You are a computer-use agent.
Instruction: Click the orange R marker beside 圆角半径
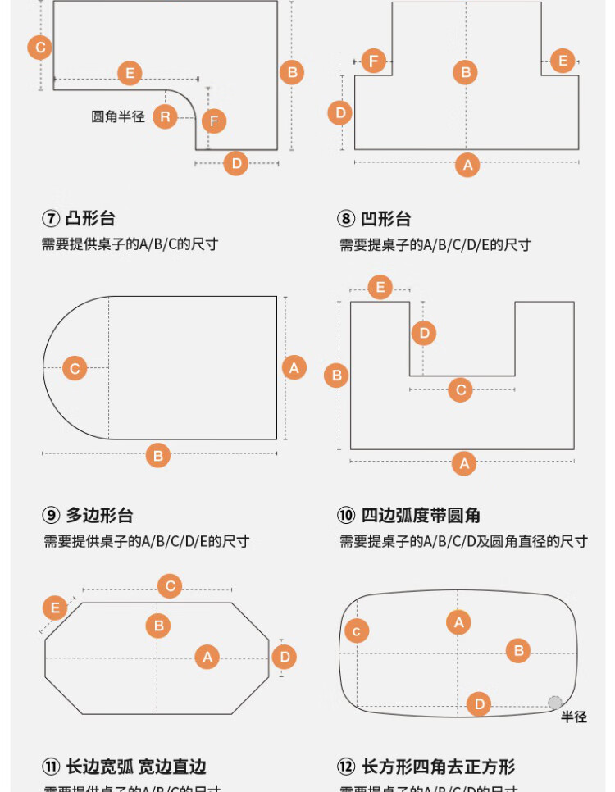point(166,116)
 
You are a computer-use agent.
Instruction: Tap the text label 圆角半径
point(118,116)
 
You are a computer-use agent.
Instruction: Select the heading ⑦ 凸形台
point(79,218)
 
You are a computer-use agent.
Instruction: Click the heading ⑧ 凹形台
point(374,219)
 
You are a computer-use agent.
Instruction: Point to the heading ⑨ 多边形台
point(88,516)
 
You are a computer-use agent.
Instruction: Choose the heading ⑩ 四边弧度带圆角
point(408,516)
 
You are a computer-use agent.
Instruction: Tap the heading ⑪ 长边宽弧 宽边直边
point(124,767)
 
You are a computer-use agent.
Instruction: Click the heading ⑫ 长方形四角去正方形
point(426,767)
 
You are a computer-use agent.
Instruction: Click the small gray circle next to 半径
point(555,703)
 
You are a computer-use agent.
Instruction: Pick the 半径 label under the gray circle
point(574,717)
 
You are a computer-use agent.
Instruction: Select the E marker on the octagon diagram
point(55,608)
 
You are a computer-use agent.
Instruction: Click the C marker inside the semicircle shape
point(75,368)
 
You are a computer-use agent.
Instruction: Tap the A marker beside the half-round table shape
point(294,367)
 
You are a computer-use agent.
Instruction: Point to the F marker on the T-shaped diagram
point(374,61)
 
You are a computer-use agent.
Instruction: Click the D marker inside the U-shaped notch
point(424,333)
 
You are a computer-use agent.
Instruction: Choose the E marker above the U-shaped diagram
point(380,287)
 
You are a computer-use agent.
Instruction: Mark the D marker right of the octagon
point(285,657)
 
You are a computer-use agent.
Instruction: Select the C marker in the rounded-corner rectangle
point(357,630)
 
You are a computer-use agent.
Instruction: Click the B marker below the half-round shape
point(158,455)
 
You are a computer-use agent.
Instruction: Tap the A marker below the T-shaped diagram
point(467,165)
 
